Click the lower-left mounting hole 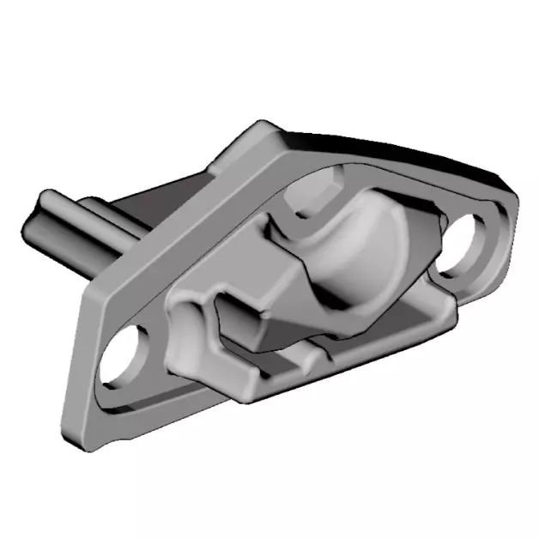(122, 358)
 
